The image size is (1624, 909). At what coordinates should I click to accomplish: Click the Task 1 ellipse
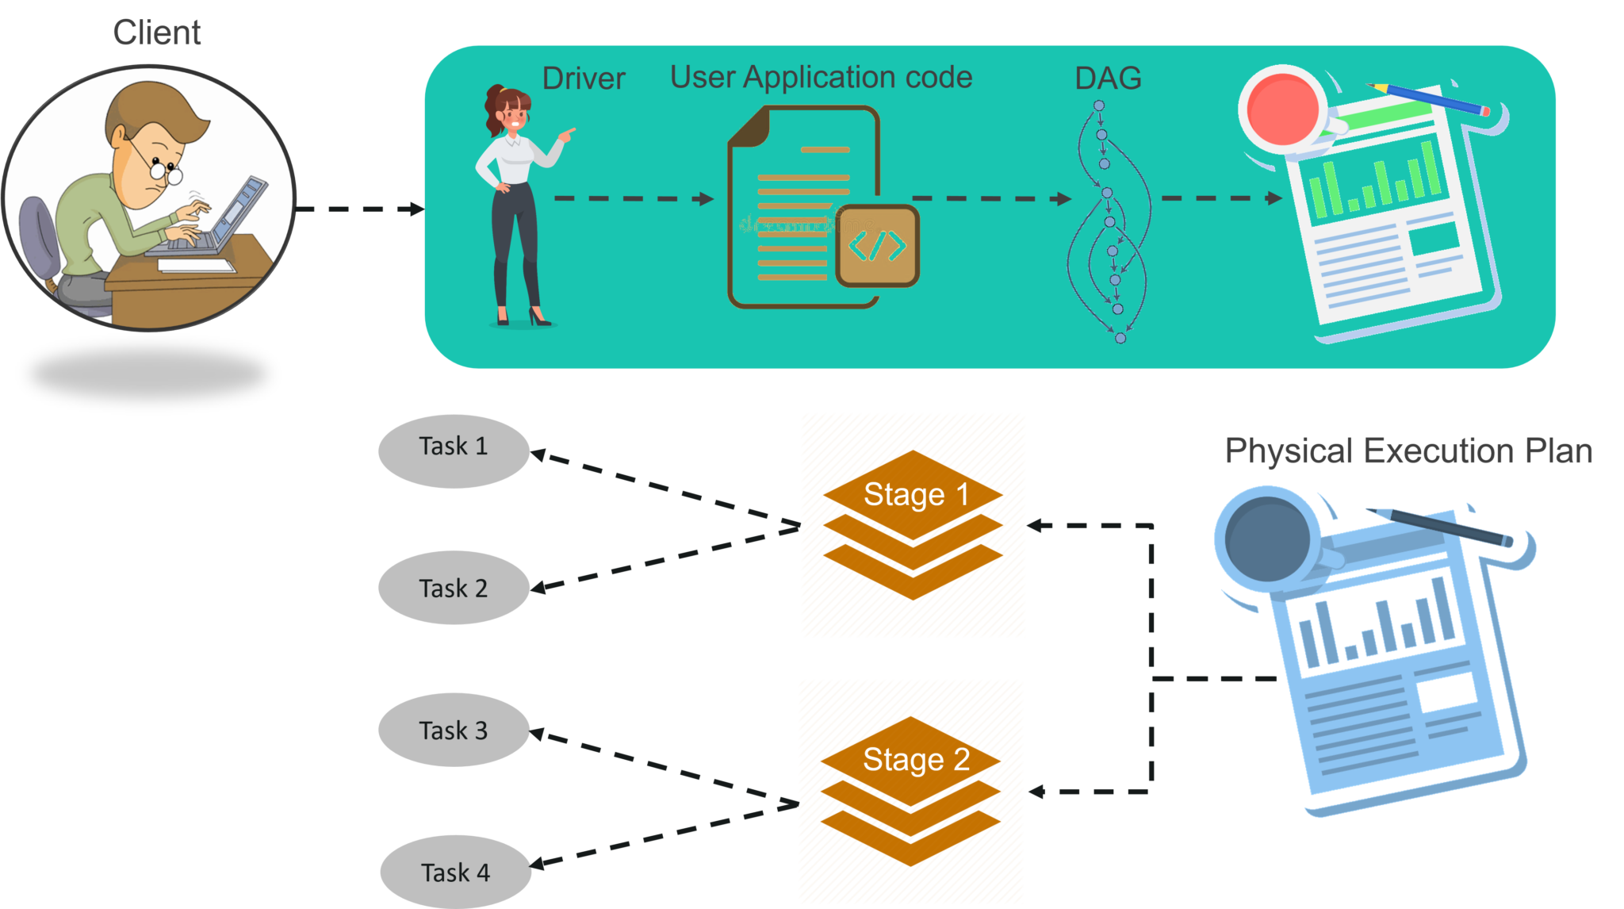click(454, 450)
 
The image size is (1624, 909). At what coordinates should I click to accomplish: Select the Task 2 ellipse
click(454, 588)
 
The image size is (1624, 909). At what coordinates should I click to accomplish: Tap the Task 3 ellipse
click(454, 730)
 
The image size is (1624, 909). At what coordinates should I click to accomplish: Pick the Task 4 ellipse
click(455, 872)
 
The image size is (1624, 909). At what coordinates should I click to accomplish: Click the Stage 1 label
click(916, 494)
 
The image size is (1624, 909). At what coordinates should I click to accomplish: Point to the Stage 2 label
click(916, 759)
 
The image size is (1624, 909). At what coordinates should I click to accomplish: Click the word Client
click(157, 33)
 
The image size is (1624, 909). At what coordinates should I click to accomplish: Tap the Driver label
click(583, 79)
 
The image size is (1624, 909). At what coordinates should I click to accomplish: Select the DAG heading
click(1108, 79)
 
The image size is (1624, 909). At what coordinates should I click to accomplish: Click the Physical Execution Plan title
click(1408, 451)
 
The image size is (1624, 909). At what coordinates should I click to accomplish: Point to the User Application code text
click(821, 77)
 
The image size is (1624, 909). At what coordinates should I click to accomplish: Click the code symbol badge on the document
click(877, 245)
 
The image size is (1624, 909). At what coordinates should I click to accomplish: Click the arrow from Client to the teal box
click(361, 209)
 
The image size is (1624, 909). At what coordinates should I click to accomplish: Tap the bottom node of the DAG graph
click(1120, 338)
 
